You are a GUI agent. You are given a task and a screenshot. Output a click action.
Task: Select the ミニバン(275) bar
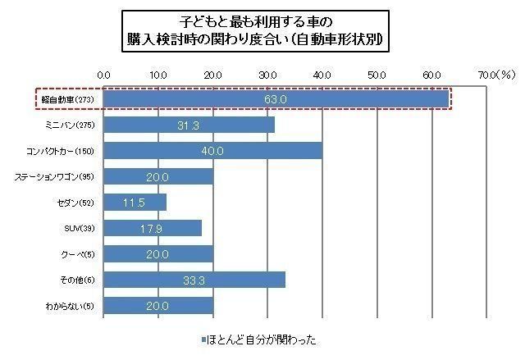point(189,125)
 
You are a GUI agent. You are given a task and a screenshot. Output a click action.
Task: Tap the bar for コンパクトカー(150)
point(213,151)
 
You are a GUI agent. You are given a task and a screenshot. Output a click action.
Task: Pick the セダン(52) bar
point(135,202)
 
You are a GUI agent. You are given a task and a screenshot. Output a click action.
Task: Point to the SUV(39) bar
point(153,228)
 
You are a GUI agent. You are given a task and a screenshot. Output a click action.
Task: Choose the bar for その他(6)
point(194,280)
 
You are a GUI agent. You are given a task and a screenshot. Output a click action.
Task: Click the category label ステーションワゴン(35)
point(56,176)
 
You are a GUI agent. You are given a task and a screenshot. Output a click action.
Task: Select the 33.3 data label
point(194,280)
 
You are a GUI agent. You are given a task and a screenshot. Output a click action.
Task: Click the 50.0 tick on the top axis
point(377,75)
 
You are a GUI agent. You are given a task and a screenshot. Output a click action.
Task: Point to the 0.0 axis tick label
point(104,75)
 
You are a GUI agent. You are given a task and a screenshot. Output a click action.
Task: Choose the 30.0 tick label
point(267,75)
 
